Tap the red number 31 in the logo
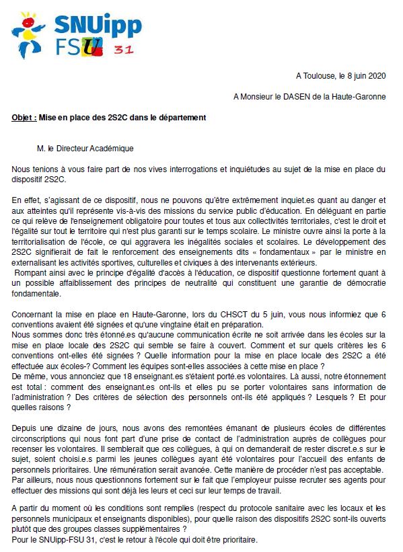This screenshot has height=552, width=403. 122,50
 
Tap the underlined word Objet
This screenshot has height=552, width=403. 24,117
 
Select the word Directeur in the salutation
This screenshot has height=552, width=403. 79,147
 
